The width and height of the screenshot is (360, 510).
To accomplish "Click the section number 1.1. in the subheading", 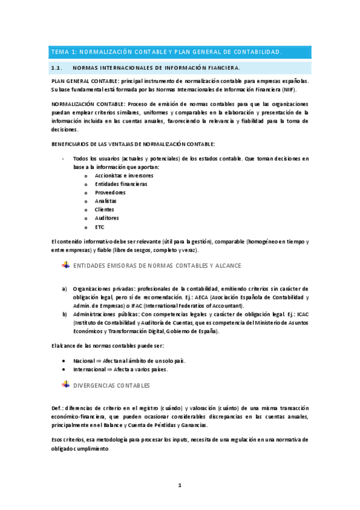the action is tap(58, 68).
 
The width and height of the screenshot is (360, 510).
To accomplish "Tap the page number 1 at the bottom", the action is tap(179, 485).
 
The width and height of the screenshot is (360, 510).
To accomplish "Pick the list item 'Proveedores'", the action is tap(110, 192).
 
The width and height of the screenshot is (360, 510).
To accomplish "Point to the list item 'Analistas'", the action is tap(106, 201).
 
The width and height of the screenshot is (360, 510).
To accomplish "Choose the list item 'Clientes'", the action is tap(105, 209).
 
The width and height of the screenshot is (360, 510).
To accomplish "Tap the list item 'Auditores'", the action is tap(107, 218).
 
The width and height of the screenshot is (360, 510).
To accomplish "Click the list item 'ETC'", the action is tap(100, 227).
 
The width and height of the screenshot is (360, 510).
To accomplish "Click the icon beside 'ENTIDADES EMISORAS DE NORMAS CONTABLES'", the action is tap(66, 265).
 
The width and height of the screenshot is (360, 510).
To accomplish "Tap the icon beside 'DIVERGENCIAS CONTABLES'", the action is tap(66, 384).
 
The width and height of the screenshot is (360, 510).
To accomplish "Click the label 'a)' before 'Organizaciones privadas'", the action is tap(65, 289).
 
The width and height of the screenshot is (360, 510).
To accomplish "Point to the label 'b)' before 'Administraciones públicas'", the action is tap(65, 314).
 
